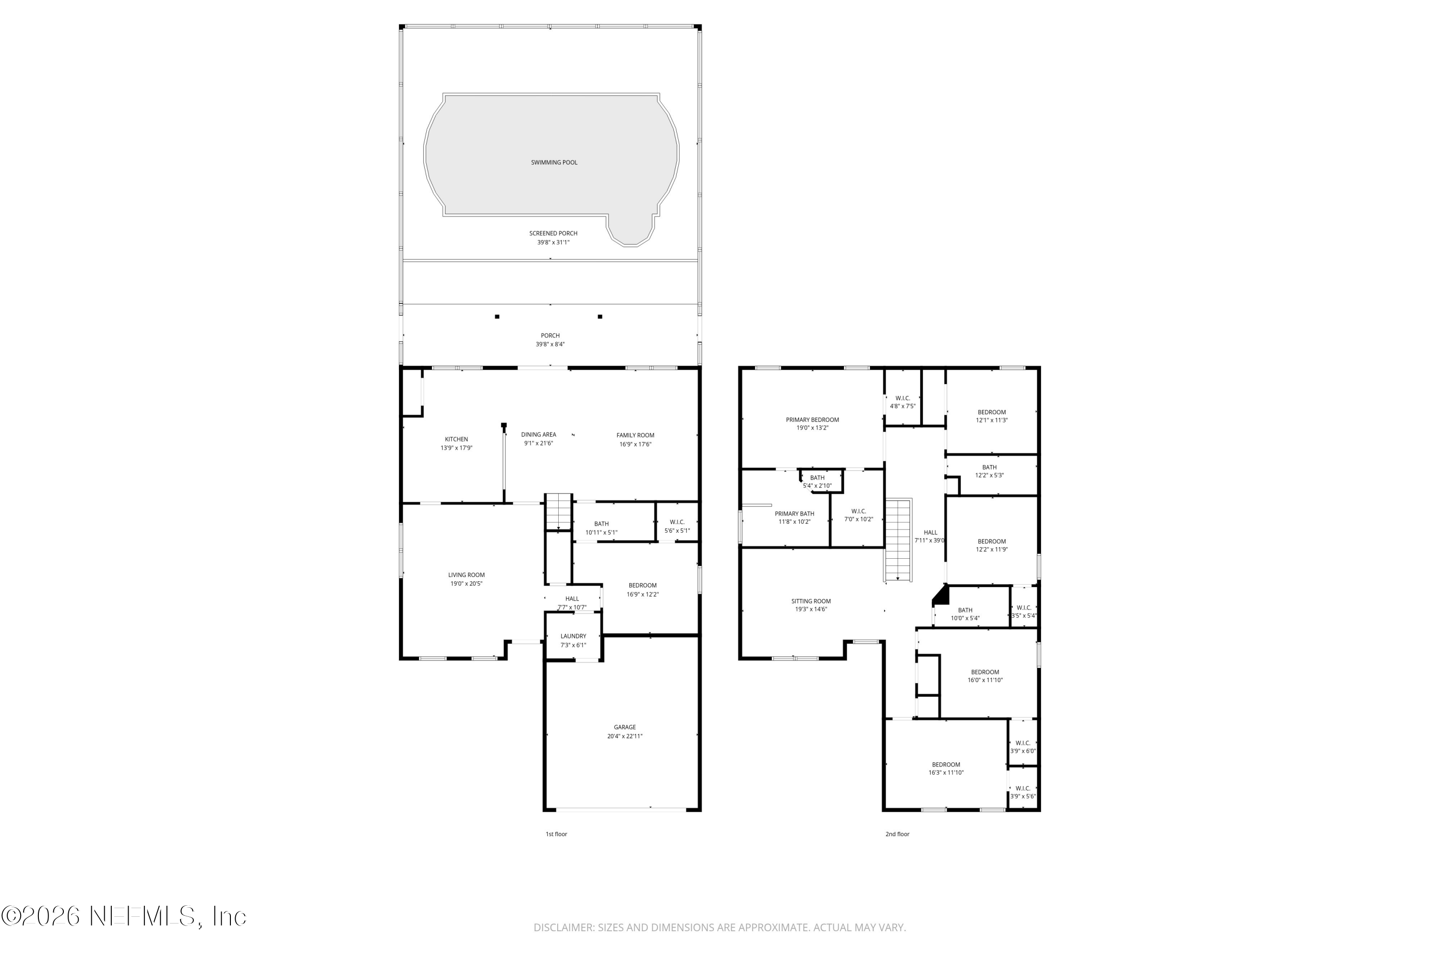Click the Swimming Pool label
tap(553, 163)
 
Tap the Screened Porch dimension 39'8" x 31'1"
tap(553, 242)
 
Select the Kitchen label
tap(456, 439)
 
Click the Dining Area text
tap(538, 435)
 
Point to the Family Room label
tap(635, 435)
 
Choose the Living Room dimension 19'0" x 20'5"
tap(466, 584)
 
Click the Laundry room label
tap(573, 636)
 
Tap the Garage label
tap(624, 727)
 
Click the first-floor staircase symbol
tap(558, 512)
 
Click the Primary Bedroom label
tap(812, 420)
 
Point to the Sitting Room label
tap(811, 601)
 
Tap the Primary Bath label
tap(794, 514)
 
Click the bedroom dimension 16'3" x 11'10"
tap(946, 773)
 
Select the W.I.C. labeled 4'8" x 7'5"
tap(902, 402)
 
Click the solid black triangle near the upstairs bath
tap(941, 595)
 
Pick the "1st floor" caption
tap(556, 834)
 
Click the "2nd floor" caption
tap(897, 834)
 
